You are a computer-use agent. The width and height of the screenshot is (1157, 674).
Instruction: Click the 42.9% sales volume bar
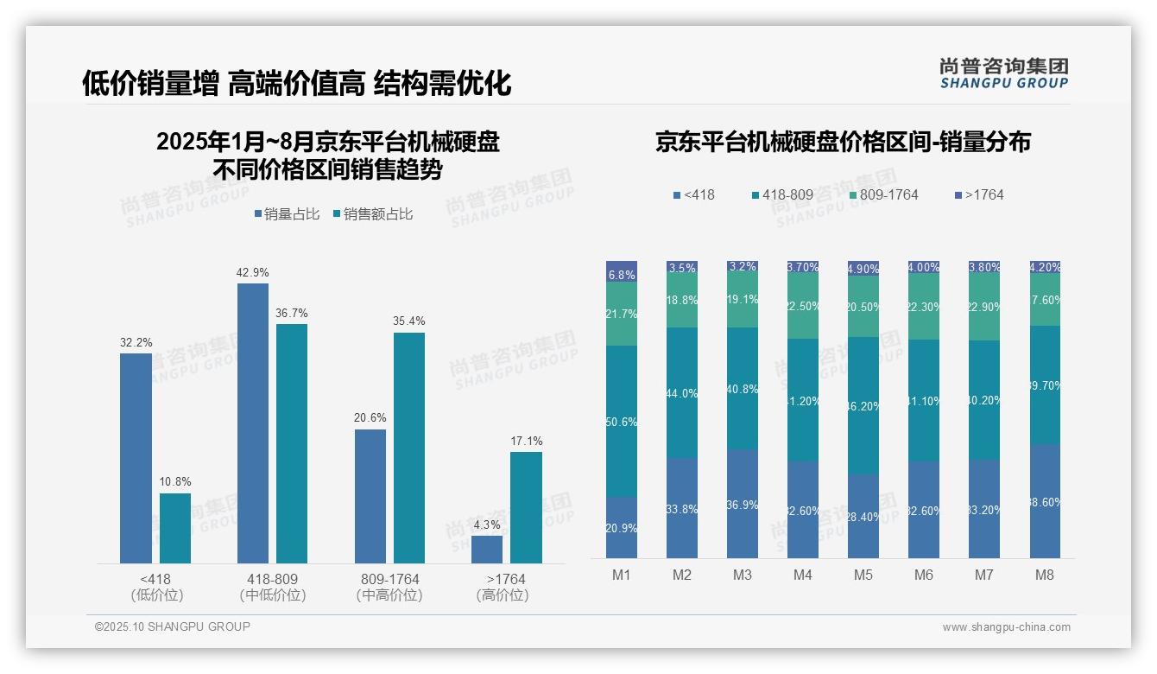(252, 423)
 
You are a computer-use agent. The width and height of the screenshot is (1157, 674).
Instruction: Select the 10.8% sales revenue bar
(175, 528)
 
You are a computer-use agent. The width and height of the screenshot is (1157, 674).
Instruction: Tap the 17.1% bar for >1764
(526, 507)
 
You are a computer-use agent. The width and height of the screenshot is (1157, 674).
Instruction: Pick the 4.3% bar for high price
(487, 550)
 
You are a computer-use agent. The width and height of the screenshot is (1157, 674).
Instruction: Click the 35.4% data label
(408, 321)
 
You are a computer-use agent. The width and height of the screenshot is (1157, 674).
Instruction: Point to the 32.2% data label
(136, 342)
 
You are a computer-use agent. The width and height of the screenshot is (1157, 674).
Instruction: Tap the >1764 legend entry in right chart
(979, 195)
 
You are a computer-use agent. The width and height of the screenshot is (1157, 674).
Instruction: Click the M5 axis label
(863, 575)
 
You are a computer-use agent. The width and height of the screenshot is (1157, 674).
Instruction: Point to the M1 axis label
(622, 575)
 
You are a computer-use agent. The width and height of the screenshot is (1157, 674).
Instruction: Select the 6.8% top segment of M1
(622, 271)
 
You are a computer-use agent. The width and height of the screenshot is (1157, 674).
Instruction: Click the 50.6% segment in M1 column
(622, 422)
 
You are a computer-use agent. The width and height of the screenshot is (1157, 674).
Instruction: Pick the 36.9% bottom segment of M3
(743, 504)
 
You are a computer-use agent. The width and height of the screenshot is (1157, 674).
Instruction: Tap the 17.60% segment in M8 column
(1045, 300)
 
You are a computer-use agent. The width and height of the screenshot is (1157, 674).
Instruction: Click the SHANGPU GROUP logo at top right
(1003, 73)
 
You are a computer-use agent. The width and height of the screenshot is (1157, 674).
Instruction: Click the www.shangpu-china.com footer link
(1006, 627)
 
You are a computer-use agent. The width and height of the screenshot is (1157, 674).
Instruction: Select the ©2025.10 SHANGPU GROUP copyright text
(173, 627)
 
